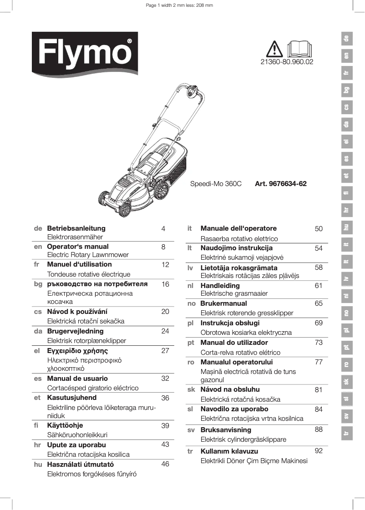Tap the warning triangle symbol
pyautogui.click(x=275, y=48)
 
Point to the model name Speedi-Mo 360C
pyautogui.click(x=215, y=184)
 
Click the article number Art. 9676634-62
pyautogui.click(x=281, y=184)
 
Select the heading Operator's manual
pyautogui.click(x=78, y=247)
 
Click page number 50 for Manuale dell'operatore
pyautogui.click(x=319, y=229)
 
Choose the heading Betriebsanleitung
pyautogui.click(x=76, y=228)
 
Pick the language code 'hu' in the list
pyautogui.click(x=38, y=465)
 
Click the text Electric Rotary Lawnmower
pyautogui.click(x=88, y=255)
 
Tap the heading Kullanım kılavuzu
pyautogui.click(x=229, y=451)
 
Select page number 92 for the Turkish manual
pyautogui.click(x=319, y=451)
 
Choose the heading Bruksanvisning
pyautogui.click(x=226, y=430)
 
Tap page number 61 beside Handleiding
pyautogui.click(x=319, y=286)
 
